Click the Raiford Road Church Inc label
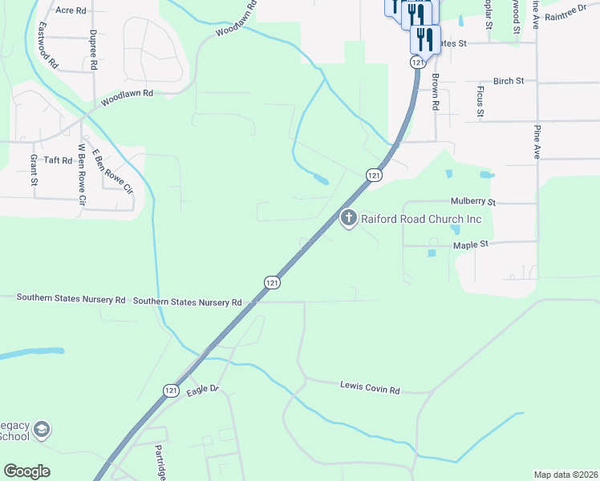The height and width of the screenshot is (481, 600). point(421,218)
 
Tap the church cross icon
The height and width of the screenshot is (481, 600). point(349,218)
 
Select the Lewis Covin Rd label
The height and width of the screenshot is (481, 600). point(370,390)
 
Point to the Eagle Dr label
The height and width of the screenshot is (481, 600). point(202,390)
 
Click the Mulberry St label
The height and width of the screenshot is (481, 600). point(474,202)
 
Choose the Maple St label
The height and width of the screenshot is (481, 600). point(471,246)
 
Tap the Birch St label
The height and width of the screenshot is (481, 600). point(509,81)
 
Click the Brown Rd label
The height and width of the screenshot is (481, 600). point(435,92)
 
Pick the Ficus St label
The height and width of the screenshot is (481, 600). point(480,101)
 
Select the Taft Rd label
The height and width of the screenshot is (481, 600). point(58,160)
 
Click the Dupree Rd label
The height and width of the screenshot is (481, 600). point(94,49)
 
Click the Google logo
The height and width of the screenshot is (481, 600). point(26,471)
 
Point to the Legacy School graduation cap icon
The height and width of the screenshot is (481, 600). point(43,430)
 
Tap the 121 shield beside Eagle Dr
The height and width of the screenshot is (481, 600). point(171,390)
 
